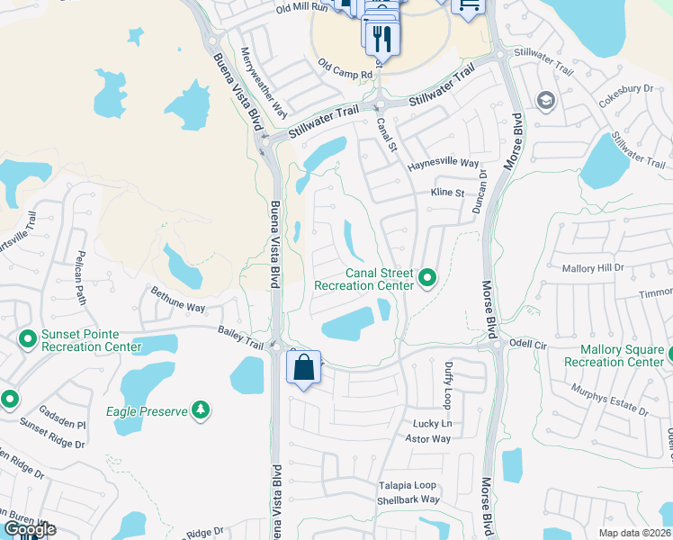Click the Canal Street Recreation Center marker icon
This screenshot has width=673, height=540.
427,279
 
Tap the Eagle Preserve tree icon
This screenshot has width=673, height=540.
202,411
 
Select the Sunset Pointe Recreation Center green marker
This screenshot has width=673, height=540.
27,339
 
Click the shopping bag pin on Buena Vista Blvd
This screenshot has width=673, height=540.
304,367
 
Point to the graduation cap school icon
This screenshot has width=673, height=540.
544,100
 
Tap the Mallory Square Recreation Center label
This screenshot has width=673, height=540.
615,355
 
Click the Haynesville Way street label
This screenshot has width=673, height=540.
443,164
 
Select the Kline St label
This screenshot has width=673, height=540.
446,193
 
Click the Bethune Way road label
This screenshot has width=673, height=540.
178,301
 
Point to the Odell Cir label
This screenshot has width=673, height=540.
527,344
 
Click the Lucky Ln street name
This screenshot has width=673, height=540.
432,424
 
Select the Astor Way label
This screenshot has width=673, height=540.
427,439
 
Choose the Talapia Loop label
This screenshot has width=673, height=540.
407,485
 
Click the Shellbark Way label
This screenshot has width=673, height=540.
408,499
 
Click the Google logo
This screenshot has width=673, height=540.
30,529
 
